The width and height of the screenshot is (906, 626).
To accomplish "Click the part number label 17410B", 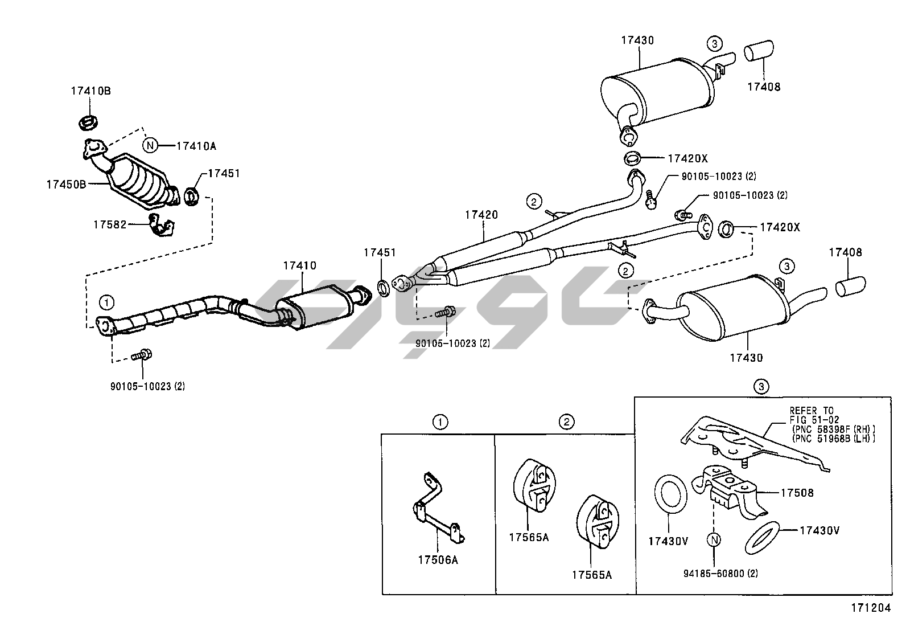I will coord(90,91).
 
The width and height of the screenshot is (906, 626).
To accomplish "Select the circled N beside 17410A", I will coord(150,146).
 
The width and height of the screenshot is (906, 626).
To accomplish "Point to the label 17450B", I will coord(66,185).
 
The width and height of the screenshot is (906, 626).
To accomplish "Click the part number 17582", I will coord(110,224).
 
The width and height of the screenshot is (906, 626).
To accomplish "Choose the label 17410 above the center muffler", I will coord(299,265).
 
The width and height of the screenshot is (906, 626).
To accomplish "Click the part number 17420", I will coord(481,215).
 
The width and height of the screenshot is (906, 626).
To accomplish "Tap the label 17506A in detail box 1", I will coord(438,560).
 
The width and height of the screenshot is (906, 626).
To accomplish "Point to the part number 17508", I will coord(797,493).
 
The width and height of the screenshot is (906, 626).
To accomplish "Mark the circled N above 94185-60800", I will coord(714,540).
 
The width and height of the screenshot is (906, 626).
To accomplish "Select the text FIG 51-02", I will coord(810,420).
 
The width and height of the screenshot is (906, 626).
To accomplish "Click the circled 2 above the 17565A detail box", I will coord(566,422).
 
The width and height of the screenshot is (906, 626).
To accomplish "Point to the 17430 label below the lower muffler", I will coord(746,358).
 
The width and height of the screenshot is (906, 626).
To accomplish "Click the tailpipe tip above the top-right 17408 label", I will coord(759,50).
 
